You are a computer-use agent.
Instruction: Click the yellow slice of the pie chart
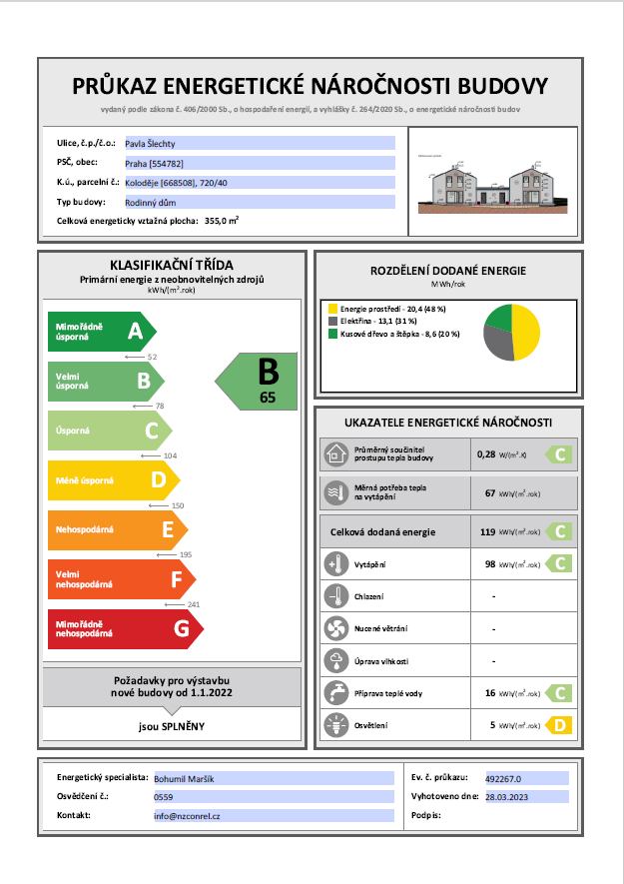(x=524, y=333)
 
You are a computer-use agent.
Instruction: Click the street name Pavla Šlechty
(x=151, y=144)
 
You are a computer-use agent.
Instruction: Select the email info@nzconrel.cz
(x=187, y=816)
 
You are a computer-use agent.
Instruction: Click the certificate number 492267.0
(x=510, y=777)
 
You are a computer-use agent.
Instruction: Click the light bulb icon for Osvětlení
(x=333, y=725)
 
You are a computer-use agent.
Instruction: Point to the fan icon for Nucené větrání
(x=333, y=629)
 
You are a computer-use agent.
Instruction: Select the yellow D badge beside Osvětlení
(x=559, y=725)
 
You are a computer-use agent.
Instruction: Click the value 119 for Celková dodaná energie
(x=488, y=532)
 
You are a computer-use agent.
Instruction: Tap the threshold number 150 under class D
(x=178, y=506)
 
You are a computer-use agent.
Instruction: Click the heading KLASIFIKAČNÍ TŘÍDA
(x=172, y=265)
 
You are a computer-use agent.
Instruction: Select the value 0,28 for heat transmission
(x=487, y=454)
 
